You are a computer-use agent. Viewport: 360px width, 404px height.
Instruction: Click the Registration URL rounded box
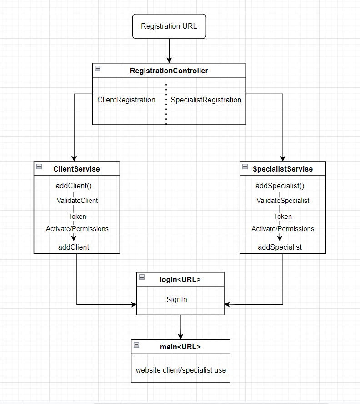(169, 26)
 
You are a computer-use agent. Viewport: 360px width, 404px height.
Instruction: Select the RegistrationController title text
(169, 71)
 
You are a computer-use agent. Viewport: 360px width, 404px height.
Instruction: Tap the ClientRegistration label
(126, 100)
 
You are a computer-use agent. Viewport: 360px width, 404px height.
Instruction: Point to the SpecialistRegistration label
(206, 100)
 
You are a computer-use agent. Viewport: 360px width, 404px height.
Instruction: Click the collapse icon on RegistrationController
(98, 69)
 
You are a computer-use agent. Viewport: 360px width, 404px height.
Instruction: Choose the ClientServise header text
(76, 169)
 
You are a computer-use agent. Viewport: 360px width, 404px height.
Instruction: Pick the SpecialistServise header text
(283, 169)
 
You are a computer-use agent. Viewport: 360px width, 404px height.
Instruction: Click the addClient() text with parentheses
(74, 186)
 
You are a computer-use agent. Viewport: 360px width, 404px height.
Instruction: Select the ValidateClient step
(77, 200)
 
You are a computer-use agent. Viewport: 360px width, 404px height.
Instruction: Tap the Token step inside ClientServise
(77, 217)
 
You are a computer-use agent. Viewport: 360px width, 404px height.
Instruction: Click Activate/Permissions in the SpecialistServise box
(283, 229)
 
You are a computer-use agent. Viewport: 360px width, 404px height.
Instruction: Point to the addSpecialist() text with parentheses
(280, 186)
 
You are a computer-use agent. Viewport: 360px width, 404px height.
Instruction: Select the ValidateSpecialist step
(283, 200)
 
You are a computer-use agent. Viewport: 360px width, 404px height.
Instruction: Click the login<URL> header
(180, 279)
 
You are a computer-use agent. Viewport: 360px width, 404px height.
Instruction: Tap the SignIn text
(176, 299)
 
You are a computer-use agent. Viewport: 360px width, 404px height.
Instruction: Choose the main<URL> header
(180, 347)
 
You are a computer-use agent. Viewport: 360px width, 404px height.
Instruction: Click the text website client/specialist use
(180, 370)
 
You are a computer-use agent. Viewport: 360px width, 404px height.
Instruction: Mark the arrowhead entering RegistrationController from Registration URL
(169, 60)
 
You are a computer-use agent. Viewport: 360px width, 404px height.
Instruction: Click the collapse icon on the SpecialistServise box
(245, 167)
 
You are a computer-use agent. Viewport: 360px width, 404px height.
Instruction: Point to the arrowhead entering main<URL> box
(180, 336)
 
